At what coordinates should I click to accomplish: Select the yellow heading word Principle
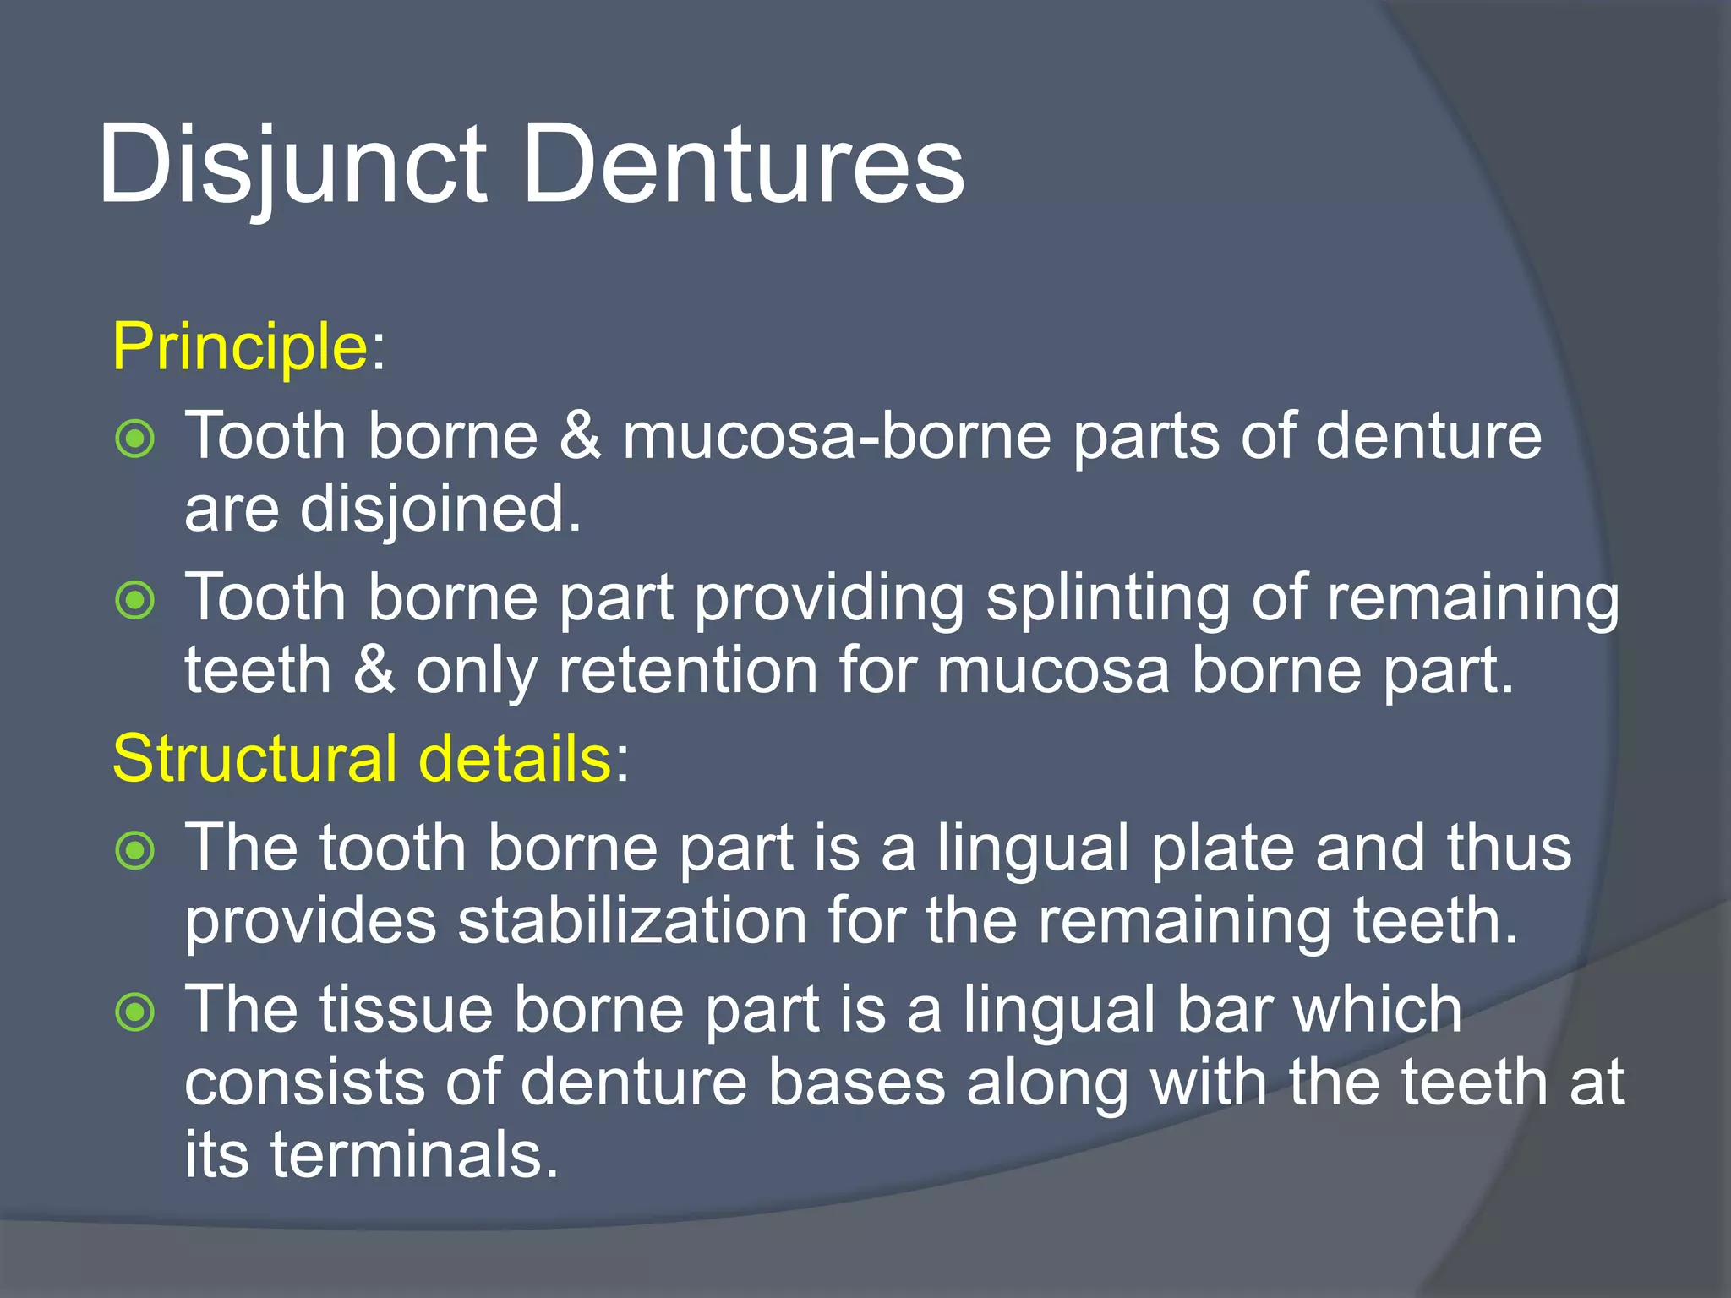coord(239,346)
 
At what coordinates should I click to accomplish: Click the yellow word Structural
coord(254,758)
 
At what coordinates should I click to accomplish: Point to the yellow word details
coord(516,758)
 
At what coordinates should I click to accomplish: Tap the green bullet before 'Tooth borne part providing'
coord(135,601)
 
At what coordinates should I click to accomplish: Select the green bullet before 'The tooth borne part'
coord(135,850)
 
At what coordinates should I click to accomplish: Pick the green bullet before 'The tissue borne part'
coord(135,1012)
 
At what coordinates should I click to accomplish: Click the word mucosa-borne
coord(837,437)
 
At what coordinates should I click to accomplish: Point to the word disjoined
coord(440,510)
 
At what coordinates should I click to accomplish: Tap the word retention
coord(688,671)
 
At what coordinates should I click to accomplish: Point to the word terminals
coord(414,1155)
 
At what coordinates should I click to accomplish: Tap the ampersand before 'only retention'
coord(374,671)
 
